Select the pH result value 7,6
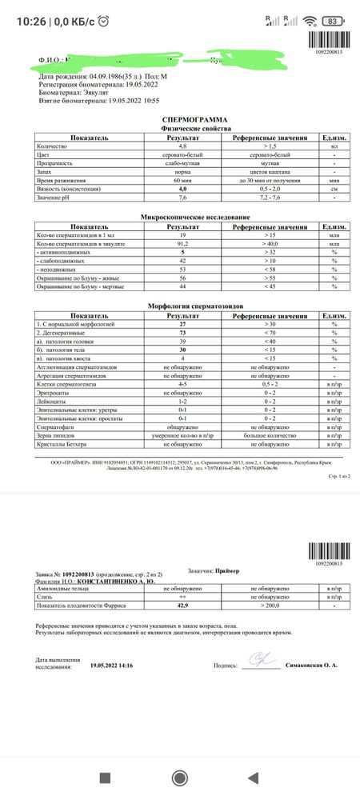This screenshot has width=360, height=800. point(182,197)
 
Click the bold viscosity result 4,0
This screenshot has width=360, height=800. point(182,189)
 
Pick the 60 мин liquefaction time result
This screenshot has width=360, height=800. point(182,181)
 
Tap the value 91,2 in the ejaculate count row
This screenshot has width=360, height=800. point(182,244)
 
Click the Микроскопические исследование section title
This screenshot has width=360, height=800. point(185,218)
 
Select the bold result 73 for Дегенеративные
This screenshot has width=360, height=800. point(182,331)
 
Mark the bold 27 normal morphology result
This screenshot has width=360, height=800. point(182,322)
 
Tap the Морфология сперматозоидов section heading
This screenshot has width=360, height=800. point(185,306)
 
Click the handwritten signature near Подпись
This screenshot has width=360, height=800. point(261,662)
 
